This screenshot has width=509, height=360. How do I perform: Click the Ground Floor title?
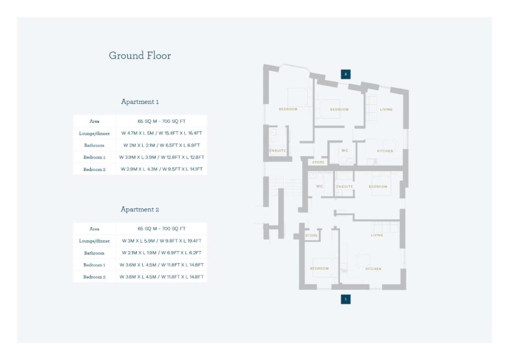pyautogui.click(x=140, y=56)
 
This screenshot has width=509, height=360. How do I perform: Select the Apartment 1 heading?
pyautogui.click(x=140, y=102)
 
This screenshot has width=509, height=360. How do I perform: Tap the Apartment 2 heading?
pyautogui.click(x=140, y=210)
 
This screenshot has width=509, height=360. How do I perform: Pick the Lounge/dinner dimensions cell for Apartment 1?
pyautogui.click(x=162, y=133)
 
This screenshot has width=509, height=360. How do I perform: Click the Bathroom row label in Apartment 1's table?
pyautogui.click(x=94, y=145)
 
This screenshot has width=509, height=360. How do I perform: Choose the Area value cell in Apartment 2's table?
pyautogui.click(x=162, y=229)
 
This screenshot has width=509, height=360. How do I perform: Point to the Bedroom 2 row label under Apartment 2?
pyautogui.click(x=94, y=277)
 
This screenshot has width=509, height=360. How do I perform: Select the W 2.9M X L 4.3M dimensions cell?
pyautogui.click(x=162, y=170)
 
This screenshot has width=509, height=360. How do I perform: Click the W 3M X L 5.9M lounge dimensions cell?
pyautogui.click(x=162, y=241)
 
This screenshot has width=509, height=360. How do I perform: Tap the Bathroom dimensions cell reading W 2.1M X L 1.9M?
pyautogui.click(x=162, y=253)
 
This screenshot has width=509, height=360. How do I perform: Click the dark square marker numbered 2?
pyautogui.click(x=345, y=74)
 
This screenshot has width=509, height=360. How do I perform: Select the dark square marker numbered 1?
pyautogui.click(x=345, y=299)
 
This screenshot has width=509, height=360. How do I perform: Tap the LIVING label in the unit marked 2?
pyautogui.click(x=386, y=109)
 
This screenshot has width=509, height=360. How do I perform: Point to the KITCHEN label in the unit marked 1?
pyautogui.click(x=373, y=269)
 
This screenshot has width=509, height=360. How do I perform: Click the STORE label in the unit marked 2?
pyautogui.click(x=318, y=163)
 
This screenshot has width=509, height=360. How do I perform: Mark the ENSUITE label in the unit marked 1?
pyautogui.click(x=344, y=187)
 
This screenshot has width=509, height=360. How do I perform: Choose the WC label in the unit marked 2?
pyautogui.click(x=344, y=151)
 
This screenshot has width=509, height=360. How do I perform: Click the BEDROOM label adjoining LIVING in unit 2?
pyautogui.click(x=339, y=109)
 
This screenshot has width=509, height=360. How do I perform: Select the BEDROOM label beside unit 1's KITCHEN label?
pyautogui.click(x=319, y=269)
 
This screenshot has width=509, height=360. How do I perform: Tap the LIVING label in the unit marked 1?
pyautogui.click(x=377, y=235)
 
